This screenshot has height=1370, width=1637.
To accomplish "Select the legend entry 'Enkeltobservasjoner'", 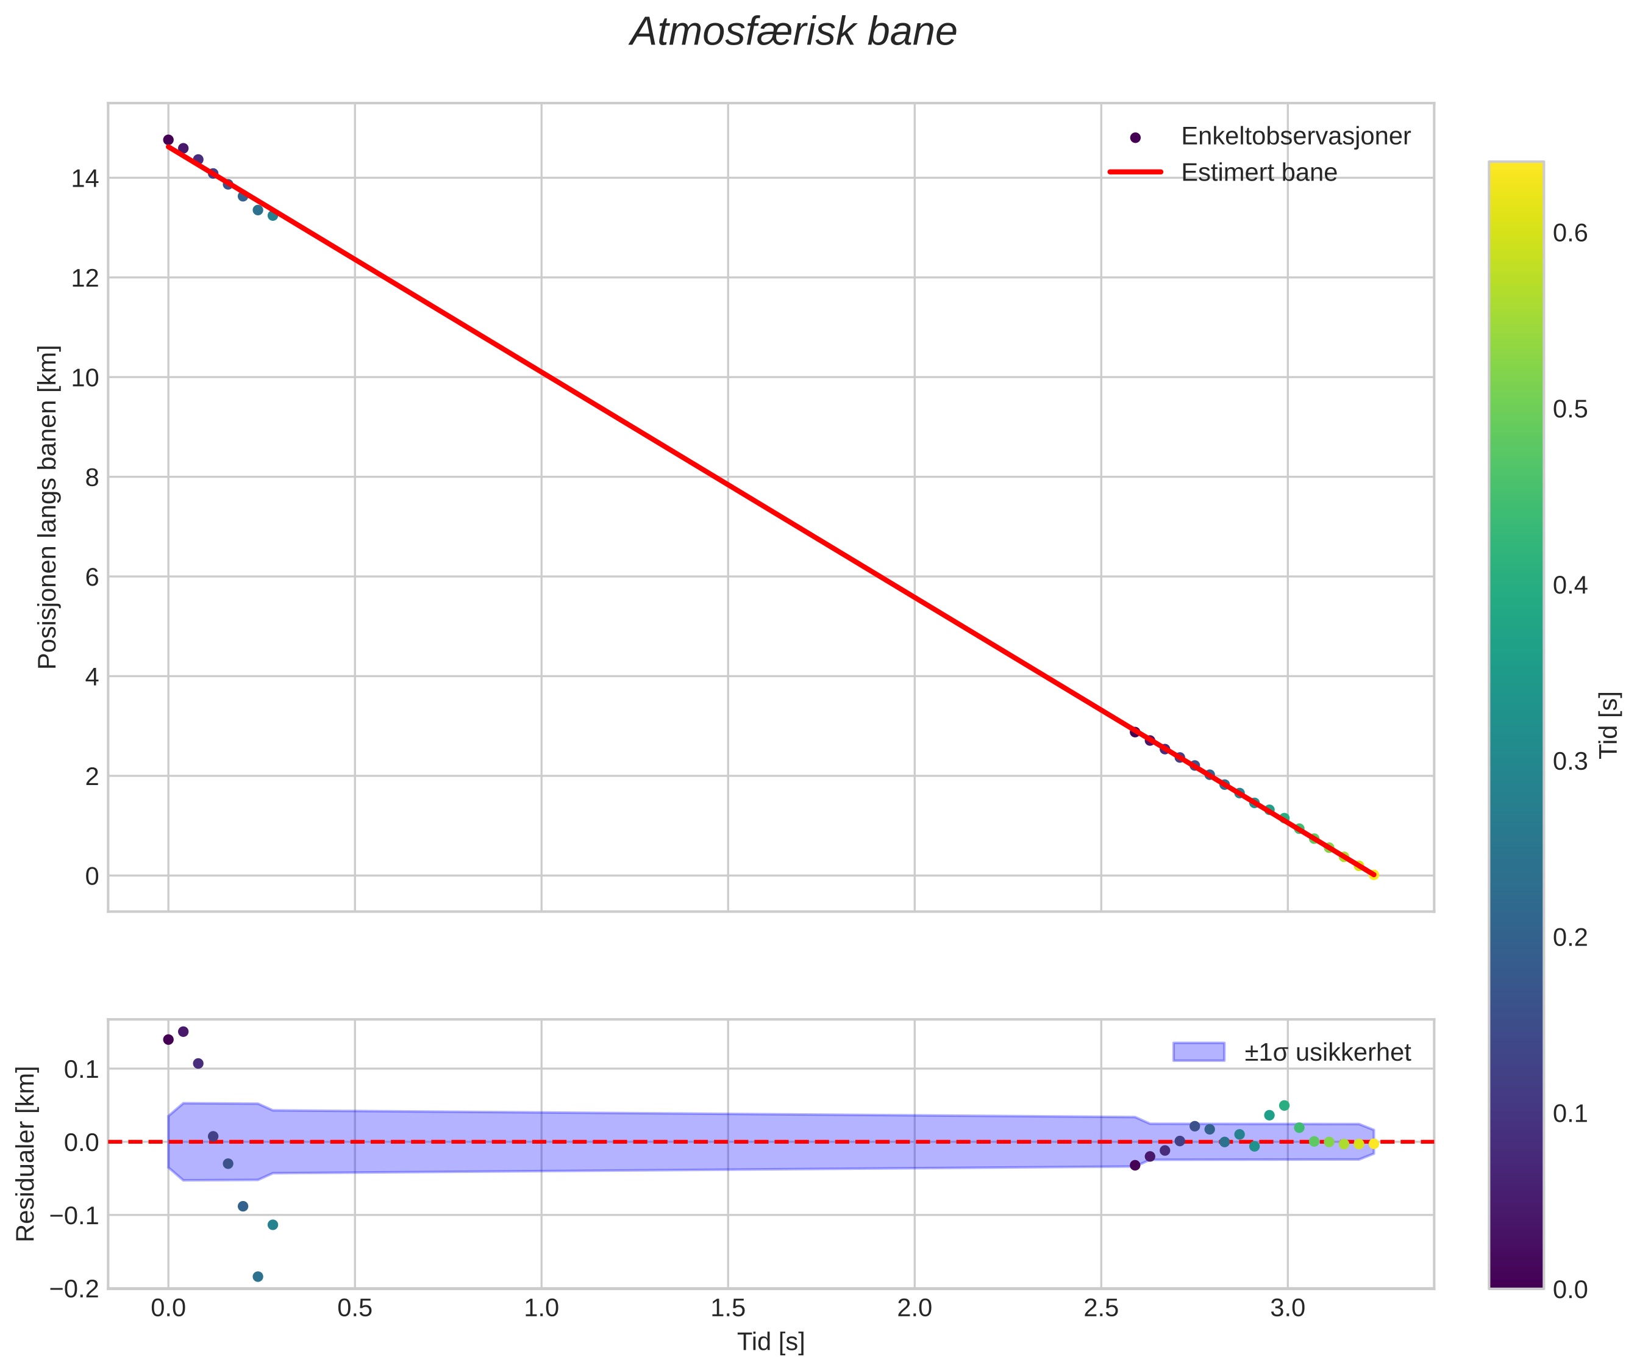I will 1295,137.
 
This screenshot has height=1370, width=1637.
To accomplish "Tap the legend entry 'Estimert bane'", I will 1258,173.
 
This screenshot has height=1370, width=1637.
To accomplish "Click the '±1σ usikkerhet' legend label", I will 1327,1053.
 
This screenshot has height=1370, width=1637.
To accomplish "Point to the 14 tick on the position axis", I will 86,179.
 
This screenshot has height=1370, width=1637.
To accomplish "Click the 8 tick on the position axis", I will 92,477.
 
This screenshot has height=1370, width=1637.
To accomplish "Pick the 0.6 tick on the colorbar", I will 1570,233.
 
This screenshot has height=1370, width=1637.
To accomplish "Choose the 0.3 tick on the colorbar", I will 1570,761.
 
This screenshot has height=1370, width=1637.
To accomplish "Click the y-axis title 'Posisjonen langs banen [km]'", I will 48,507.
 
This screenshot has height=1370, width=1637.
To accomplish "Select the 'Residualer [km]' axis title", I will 26,1154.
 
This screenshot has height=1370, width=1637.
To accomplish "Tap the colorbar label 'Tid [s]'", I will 1608,725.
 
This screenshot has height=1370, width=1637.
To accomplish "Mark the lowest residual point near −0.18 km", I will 258,1277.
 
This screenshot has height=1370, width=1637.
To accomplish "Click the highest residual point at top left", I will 183,1031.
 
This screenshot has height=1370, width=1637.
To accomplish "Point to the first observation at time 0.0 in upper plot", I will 168,140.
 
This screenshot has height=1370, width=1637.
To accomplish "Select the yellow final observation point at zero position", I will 1374,875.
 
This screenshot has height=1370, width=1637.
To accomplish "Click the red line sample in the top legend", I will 1135,173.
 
